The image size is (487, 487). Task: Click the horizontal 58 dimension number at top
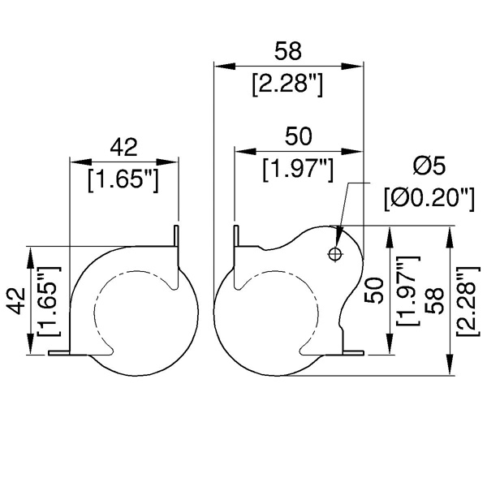pyautogui.click(x=288, y=51)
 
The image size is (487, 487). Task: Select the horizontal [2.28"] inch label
pyautogui.click(x=287, y=84)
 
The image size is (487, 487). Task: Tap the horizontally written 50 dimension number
pyautogui.click(x=298, y=136)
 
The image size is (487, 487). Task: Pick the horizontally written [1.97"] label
pyautogui.click(x=298, y=170)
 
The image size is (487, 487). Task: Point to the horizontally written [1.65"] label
pyautogui.click(x=123, y=180)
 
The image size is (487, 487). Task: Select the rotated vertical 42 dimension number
pyautogui.click(x=16, y=301)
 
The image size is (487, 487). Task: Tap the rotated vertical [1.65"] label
pyautogui.click(x=48, y=301)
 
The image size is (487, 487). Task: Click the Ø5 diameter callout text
pyautogui.click(x=429, y=166)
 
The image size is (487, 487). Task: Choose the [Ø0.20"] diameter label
pyautogui.click(x=429, y=199)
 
